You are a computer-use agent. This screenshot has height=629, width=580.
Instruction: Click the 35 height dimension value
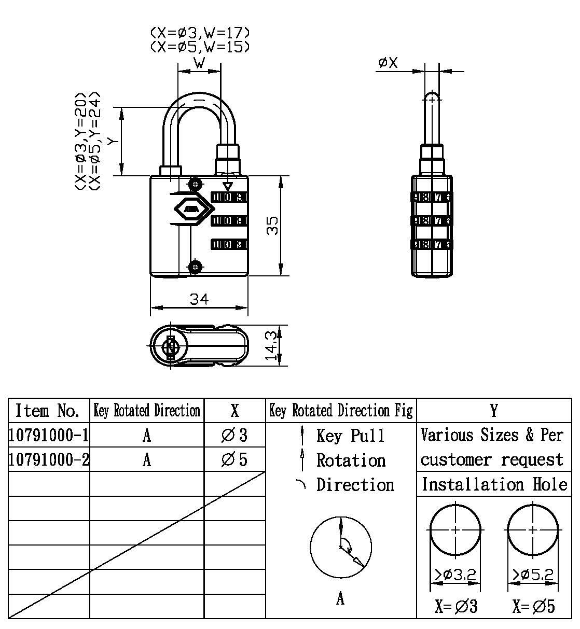pos(272,225)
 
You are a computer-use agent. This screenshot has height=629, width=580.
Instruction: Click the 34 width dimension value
pos(199,299)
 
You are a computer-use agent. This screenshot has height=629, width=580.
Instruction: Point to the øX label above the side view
pos(388,63)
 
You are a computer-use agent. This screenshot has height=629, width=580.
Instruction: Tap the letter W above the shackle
pos(199,63)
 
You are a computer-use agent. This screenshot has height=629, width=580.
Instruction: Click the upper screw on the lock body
pos(195,184)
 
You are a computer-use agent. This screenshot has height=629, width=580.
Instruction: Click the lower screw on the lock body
pos(195,267)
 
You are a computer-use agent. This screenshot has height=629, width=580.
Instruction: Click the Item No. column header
pos(48,411)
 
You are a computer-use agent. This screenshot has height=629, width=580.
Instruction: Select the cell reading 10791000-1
pos(49,435)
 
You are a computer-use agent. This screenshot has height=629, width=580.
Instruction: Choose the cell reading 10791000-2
pos(49,459)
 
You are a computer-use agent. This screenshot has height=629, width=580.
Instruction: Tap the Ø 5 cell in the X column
pos(234,459)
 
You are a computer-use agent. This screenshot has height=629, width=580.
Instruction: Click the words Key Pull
pos(351,435)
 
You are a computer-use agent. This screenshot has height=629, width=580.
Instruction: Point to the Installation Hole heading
pos(494,484)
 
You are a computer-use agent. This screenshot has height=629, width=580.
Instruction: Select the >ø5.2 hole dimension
pos(533,575)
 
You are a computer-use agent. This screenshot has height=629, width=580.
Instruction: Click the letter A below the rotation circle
pos(340,599)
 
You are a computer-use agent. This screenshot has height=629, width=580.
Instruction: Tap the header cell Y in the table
pos(494,411)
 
